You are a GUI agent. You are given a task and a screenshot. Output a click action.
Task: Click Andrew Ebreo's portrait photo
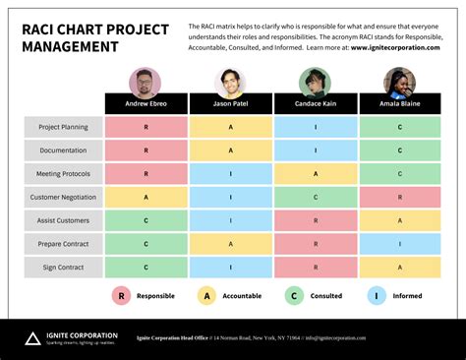[x=145, y=82]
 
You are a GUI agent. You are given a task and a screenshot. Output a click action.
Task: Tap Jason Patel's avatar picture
[x=230, y=82]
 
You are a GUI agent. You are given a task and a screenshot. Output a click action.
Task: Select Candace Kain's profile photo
[x=315, y=82]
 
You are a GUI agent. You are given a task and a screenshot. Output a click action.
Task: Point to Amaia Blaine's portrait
[x=399, y=82]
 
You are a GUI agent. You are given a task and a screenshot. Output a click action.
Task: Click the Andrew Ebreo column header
[x=146, y=104]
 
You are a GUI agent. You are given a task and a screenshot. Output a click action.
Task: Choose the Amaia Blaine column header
[x=399, y=104]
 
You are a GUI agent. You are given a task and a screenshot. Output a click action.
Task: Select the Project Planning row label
[x=63, y=127]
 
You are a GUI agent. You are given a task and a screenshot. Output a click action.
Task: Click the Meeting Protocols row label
[x=63, y=173]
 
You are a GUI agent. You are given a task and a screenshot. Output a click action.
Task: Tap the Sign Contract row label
[x=63, y=267]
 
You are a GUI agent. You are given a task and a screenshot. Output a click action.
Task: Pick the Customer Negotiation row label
[x=63, y=197]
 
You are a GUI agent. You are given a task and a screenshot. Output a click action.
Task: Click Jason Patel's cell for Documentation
[x=230, y=150]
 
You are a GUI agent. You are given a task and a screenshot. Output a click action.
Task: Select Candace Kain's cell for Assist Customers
[x=315, y=220]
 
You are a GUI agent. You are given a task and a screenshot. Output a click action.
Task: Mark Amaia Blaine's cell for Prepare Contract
[x=399, y=244]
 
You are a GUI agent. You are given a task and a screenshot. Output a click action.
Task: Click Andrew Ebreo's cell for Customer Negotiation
[x=146, y=197]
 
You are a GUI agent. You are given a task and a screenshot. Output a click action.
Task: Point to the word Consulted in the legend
[x=326, y=295]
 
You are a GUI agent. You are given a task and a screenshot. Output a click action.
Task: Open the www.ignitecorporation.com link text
[x=397, y=46]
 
